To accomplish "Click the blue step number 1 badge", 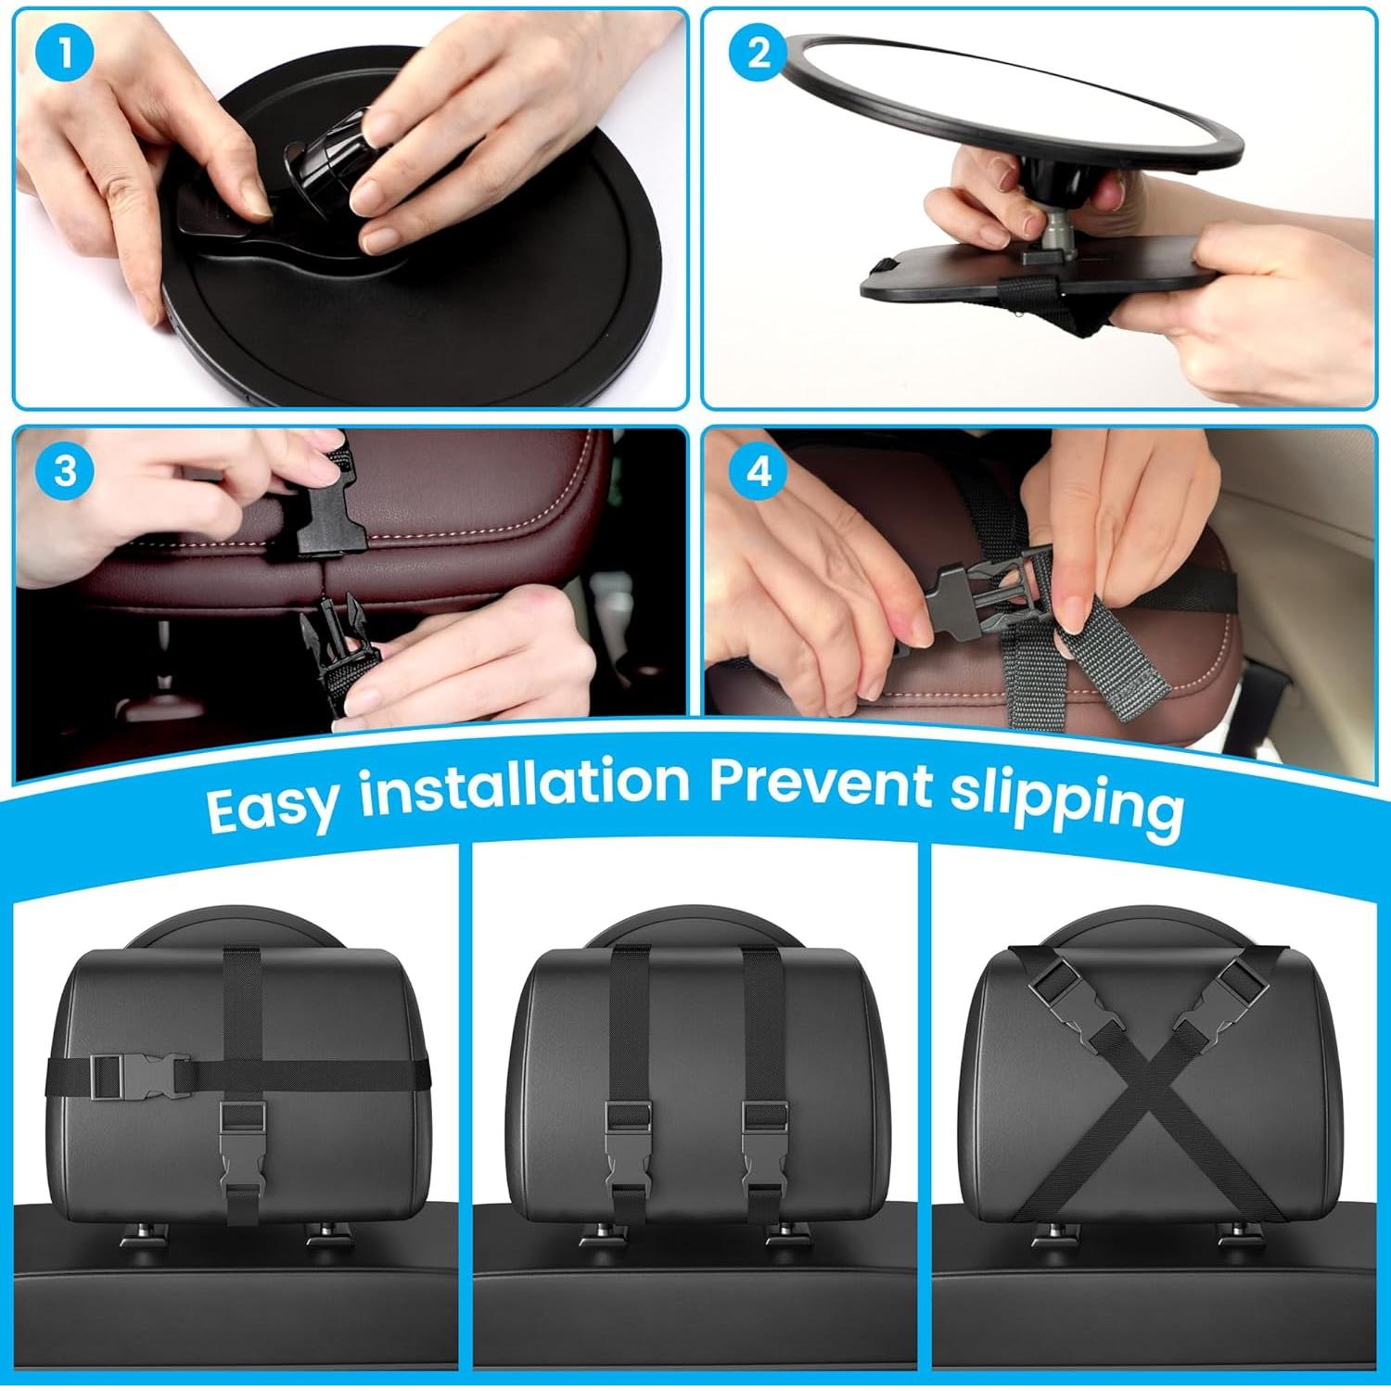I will [x=65, y=54].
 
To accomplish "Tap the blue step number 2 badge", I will [x=758, y=54].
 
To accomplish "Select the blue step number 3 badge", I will [x=65, y=470].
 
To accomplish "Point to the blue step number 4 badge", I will [x=758, y=470].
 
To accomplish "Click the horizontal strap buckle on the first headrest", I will [x=136, y=1076].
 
